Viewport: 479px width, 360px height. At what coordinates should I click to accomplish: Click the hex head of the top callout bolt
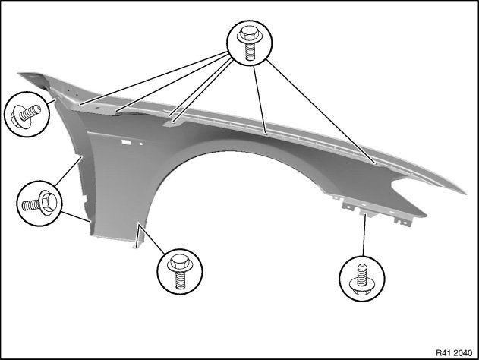250,34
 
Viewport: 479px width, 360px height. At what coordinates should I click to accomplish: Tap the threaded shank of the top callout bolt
250,52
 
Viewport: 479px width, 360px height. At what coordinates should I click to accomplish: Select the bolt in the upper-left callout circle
25,115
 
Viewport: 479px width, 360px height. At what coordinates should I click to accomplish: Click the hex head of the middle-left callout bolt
48,202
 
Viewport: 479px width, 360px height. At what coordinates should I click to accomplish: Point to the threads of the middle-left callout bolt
31,205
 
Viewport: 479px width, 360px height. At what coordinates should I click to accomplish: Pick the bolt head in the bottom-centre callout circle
180,264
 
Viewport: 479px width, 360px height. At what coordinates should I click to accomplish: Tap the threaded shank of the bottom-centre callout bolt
180,280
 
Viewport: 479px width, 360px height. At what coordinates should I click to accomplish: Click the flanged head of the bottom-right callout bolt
362,287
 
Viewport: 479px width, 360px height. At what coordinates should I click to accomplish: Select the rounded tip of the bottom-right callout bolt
362,267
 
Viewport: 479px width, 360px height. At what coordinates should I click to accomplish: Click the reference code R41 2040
454,353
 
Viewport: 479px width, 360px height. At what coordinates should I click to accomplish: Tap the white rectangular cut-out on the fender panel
127,142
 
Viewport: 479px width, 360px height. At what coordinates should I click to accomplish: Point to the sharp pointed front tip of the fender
465,193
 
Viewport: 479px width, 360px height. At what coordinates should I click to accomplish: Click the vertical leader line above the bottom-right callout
364,235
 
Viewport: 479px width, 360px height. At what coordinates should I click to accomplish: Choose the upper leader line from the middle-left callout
68,171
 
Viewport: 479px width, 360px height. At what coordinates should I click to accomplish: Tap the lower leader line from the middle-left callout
75,216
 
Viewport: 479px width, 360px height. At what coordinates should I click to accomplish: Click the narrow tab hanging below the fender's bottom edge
137,237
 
